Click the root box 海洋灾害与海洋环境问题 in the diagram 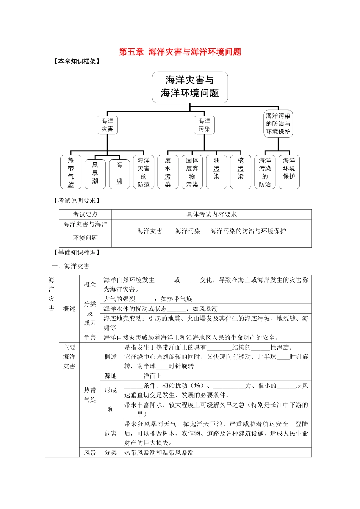coord(190,87)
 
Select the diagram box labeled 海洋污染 coord(204,125)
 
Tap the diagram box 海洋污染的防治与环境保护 coord(278,124)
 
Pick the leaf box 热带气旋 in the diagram coord(71,172)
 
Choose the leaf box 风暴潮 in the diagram coord(95,173)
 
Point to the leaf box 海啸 coord(119,173)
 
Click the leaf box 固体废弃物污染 coord(192,172)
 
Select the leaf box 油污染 coord(216,172)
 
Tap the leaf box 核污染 coord(241,172)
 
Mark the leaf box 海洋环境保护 coord(289,172)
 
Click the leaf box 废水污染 coord(168,172)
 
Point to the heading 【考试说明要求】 coord(77,201)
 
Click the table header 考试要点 coord(85,214)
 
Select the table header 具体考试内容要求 coord(211,214)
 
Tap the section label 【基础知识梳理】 coord(77,252)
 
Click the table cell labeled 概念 coord(90,285)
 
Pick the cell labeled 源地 coord(111,376)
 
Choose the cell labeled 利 coord(111,409)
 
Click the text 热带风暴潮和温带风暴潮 coord(159,453)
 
